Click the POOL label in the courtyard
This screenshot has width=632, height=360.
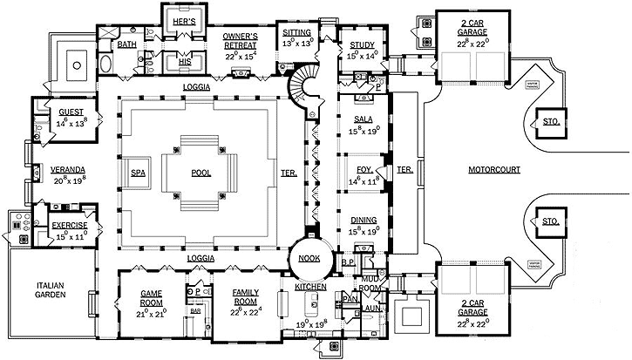[201, 173]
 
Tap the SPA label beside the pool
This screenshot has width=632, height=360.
[139, 173]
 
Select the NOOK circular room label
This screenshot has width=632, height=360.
[307, 259]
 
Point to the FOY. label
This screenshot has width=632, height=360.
[364, 160]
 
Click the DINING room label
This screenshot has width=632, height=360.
[364, 221]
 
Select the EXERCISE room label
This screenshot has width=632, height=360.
[70, 225]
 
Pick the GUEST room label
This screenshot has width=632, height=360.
[71, 112]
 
